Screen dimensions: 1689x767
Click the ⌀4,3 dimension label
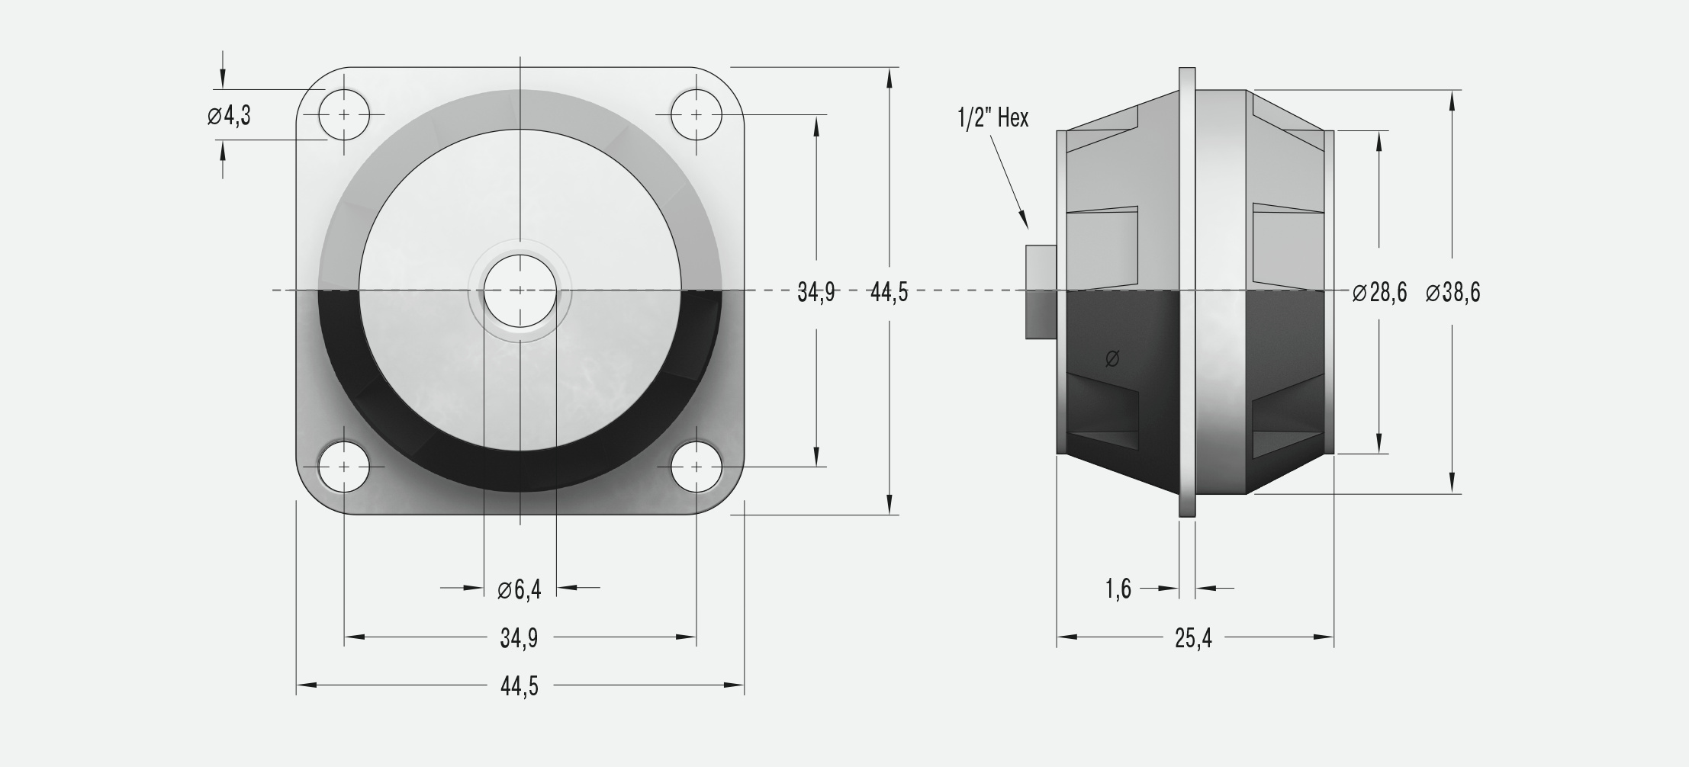[x=229, y=116]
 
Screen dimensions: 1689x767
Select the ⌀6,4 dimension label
[x=519, y=589]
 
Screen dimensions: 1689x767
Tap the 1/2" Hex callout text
[x=993, y=117]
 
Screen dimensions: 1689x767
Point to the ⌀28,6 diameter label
[x=1379, y=292]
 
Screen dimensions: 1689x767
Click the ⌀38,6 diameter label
[x=1453, y=292]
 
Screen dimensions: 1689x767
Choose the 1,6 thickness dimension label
[x=1118, y=589]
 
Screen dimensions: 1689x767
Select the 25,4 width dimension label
[x=1193, y=638]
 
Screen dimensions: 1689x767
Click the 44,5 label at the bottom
[x=520, y=686]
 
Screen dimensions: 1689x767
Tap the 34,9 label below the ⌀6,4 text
[x=519, y=638]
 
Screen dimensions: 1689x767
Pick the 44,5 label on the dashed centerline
[x=890, y=292]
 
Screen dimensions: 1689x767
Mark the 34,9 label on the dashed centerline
[x=816, y=292]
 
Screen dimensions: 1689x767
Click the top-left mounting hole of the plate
[x=344, y=114]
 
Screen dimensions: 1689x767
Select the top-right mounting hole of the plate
[x=697, y=114]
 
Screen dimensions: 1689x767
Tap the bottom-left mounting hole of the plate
[x=344, y=467]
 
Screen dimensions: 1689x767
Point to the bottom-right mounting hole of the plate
[x=697, y=467]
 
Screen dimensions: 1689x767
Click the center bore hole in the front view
[x=520, y=290]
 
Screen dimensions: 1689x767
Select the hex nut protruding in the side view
[x=1041, y=291]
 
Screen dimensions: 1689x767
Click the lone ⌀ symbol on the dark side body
[x=1112, y=358]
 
